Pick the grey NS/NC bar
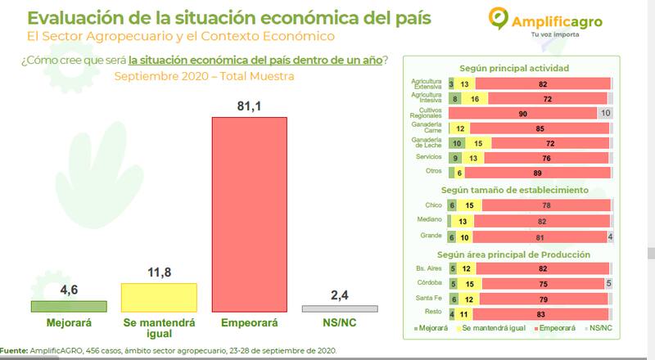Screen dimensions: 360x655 pyautogui.click(x=339, y=308)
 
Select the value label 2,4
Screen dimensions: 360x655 pyautogui.click(x=339, y=293)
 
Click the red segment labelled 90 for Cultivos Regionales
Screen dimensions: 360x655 pyautogui.click(x=522, y=113)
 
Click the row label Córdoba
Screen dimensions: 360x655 pyautogui.click(x=431, y=283)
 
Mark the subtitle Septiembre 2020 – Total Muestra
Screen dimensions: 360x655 pyautogui.click(x=204, y=76)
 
